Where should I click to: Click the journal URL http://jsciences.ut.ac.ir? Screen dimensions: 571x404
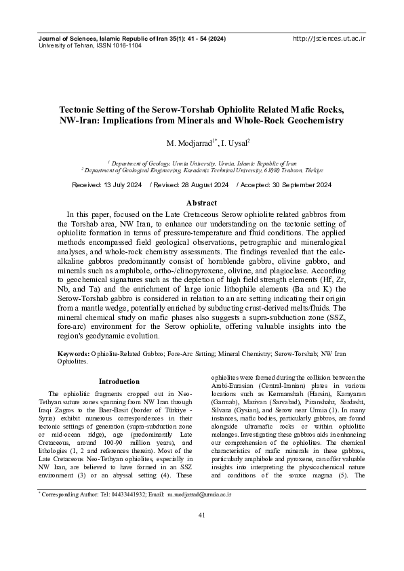tap(329, 39)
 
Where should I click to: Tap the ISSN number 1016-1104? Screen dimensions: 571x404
tap(125, 46)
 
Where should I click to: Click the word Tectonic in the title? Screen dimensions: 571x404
tap(79, 109)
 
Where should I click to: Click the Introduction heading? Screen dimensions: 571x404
tap(119, 382)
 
